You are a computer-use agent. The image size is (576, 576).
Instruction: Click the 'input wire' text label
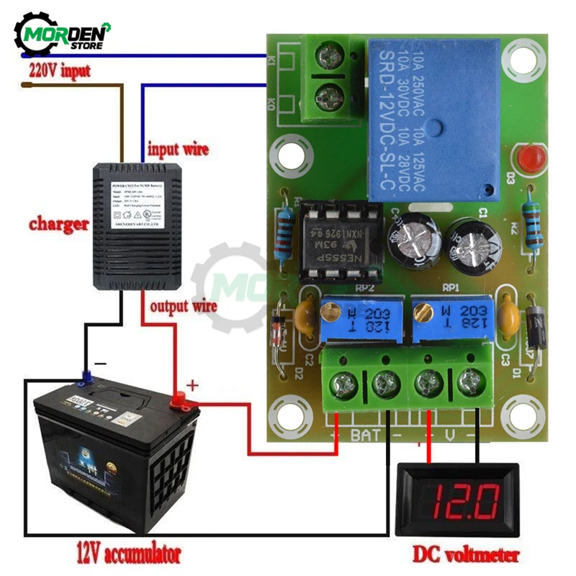pyautogui.click(x=178, y=150)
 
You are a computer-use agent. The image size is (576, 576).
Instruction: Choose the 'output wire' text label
pyautogui.click(x=183, y=307)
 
